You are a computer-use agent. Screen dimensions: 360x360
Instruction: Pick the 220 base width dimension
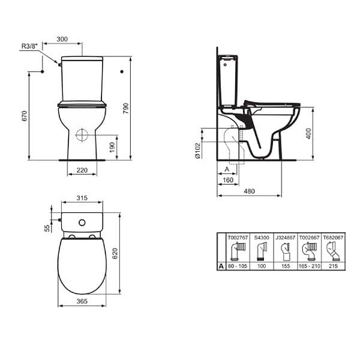tap(82, 171)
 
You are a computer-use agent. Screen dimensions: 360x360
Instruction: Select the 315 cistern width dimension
tap(82, 198)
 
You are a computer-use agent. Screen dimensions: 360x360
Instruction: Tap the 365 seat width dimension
tap(82, 303)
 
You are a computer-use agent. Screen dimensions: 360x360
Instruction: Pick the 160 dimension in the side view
tap(227, 179)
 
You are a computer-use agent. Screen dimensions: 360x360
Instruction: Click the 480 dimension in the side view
tap(249, 191)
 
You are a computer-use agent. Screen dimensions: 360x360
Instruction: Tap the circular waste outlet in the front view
tap(82, 134)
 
